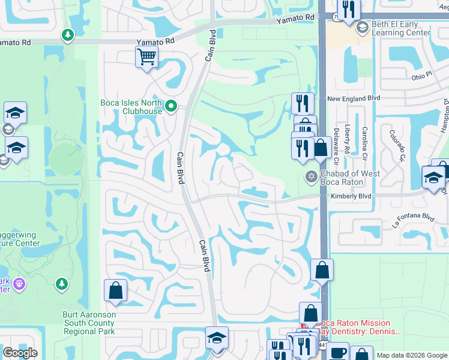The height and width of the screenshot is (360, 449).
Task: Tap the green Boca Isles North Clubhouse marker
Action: click(171, 106)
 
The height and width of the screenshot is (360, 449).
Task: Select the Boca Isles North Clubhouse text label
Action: click(131, 107)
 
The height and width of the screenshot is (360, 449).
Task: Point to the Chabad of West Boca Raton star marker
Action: click(311, 176)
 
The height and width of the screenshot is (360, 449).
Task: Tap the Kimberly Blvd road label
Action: click(351, 196)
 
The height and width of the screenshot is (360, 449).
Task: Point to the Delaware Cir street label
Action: click(336, 146)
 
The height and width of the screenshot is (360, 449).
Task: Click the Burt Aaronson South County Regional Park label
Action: click(89, 323)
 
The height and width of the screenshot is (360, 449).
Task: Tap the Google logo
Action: click(20, 353)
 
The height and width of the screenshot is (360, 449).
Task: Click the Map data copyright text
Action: click(411, 355)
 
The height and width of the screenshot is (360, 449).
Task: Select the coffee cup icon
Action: click(338, 352)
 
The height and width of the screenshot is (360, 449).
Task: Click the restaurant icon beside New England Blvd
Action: click(303, 103)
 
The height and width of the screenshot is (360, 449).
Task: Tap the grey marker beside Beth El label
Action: click(362, 28)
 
